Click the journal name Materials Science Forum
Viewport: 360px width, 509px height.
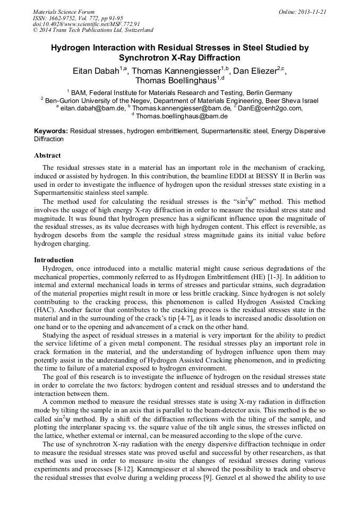pyautogui.click(x=64, y=11)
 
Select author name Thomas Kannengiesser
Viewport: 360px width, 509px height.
pyautogui.click(x=176, y=71)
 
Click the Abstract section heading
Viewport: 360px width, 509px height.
pyautogui.click(x=47, y=156)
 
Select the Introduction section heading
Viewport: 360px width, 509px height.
pyautogui.click(x=54, y=260)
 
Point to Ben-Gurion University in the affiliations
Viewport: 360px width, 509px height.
pyautogui.click(x=82, y=101)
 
